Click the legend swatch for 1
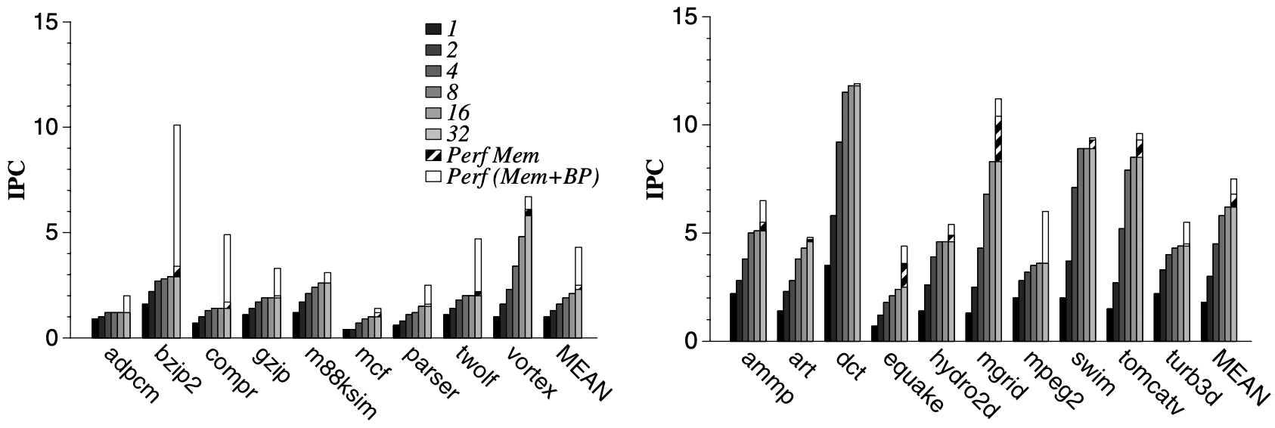pyautogui.click(x=433, y=29)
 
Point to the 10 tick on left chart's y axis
pyautogui.click(x=45, y=127)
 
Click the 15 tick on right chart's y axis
pyautogui.click(x=684, y=17)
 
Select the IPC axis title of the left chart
pyautogui.click(x=16, y=180)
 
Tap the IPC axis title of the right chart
pyautogui.click(x=655, y=180)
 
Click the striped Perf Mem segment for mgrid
pyautogui.click(x=998, y=140)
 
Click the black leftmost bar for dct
pyautogui.click(x=828, y=302)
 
